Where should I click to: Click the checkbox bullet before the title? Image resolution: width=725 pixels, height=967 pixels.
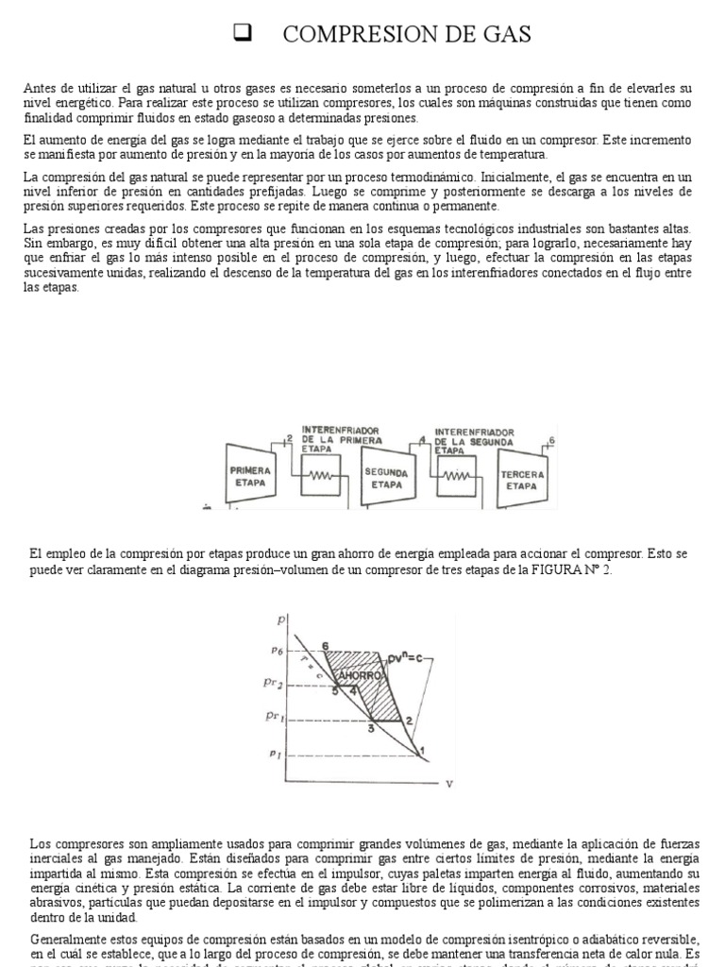[240, 35]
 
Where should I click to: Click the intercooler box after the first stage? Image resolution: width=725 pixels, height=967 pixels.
[319, 479]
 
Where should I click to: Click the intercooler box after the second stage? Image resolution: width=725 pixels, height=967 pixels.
[456, 479]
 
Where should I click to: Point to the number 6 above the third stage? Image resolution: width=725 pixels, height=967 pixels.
[552, 440]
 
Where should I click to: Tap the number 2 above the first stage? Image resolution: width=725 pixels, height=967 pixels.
[288, 437]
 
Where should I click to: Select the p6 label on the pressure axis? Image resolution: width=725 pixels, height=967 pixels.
[278, 651]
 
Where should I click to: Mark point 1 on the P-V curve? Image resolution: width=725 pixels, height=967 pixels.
[422, 751]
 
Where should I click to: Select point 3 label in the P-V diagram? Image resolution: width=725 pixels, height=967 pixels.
[372, 728]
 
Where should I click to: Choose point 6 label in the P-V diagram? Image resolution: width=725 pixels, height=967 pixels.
[325, 646]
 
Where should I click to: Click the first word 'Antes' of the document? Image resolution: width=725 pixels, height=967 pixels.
[41, 88]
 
